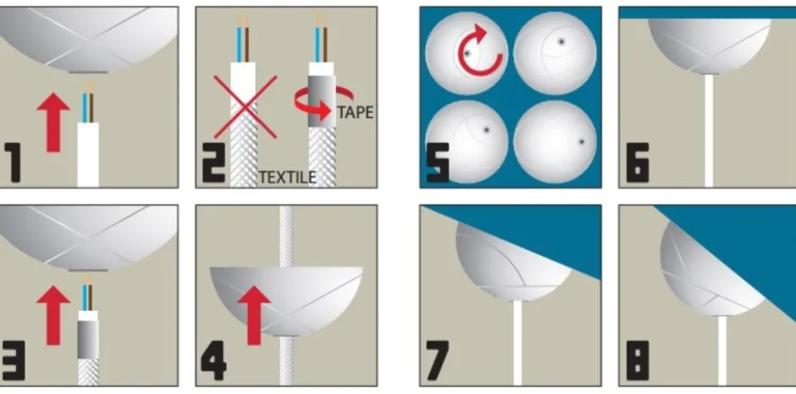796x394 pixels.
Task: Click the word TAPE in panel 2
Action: pyautogui.click(x=356, y=112)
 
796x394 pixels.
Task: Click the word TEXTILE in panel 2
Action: pyautogui.click(x=288, y=177)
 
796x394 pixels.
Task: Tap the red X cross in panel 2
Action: pyautogui.click(x=246, y=107)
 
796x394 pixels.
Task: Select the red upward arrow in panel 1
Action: pyautogui.click(x=53, y=122)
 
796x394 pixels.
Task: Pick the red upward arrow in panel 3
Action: pyautogui.click(x=53, y=315)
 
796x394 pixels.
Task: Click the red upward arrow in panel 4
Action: pyautogui.click(x=254, y=315)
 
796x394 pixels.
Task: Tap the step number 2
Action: pyautogui.click(x=213, y=163)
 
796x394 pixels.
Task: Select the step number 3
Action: pyautogui.click(x=13, y=360)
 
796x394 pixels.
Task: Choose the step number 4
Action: pyautogui.click(x=213, y=360)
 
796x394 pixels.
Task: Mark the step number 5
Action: pyautogui.click(x=438, y=163)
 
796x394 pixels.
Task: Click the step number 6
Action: pyautogui.click(x=638, y=163)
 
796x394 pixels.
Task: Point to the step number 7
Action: pyautogui.click(x=438, y=360)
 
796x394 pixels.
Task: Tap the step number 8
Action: pyautogui.click(x=638, y=360)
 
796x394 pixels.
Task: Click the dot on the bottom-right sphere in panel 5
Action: pyautogui.click(x=582, y=142)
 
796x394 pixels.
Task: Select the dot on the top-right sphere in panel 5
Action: pyautogui.click(x=561, y=42)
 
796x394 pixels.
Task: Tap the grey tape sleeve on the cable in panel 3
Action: pyautogui.click(x=88, y=340)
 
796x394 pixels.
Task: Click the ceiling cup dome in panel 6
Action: pyautogui.click(x=709, y=47)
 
